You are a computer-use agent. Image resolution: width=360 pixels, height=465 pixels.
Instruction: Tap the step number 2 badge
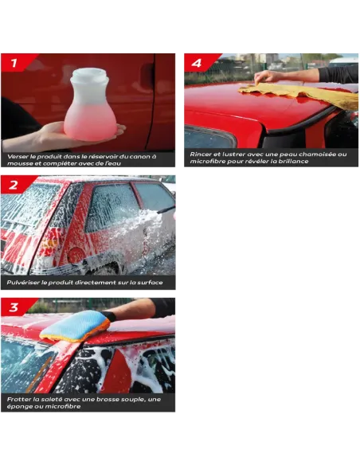pos(14,185)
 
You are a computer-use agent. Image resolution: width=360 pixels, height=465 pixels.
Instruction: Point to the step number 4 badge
pos(197,62)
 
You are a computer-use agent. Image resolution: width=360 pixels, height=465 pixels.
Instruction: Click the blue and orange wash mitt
pos(73,324)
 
